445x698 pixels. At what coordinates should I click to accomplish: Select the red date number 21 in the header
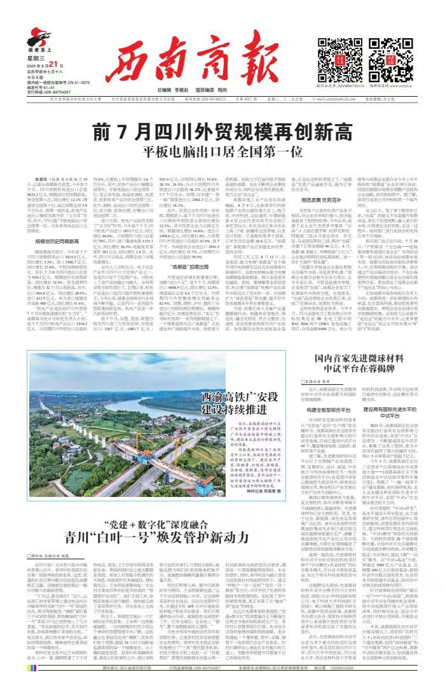(x=53, y=64)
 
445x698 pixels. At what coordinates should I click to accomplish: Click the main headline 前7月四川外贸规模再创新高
(x=222, y=115)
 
